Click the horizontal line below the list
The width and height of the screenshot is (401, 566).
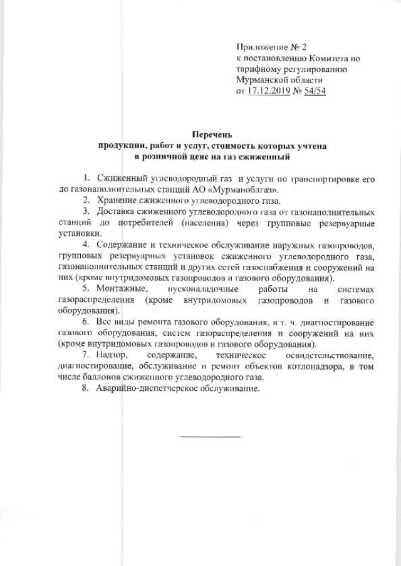point(210,436)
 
